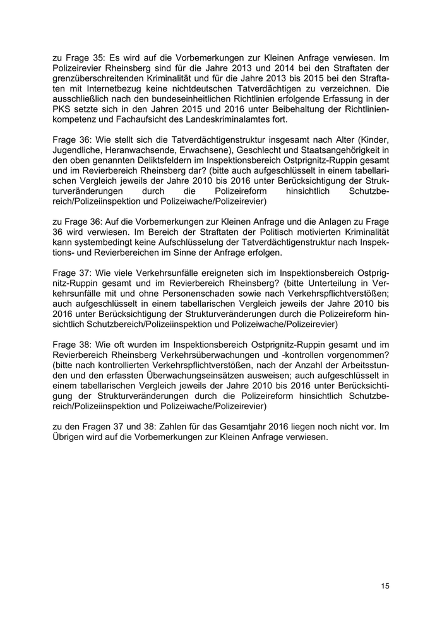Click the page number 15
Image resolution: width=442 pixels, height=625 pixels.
click(x=385, y=586)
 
